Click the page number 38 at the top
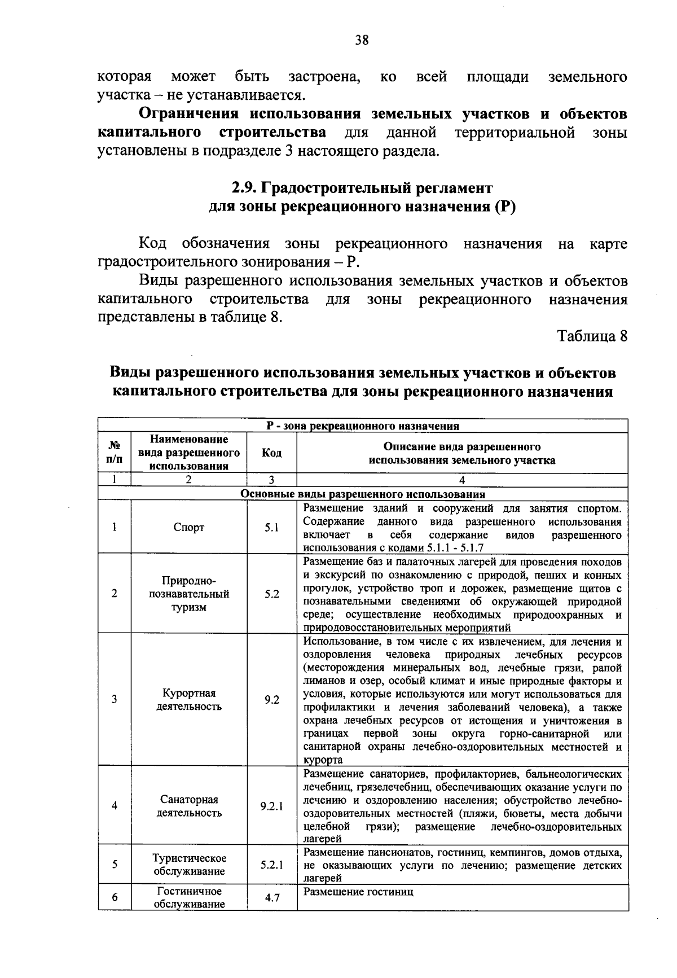[x=362, y=40]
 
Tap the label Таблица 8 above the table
[x=592, y=336]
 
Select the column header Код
[x=271, y=453]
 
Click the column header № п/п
[x=114, y=453]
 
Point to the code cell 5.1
[x=271, y=528]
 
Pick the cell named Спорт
[x=189, y=528]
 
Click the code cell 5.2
[x=271, y=594]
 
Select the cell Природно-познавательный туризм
[x=189, y=594]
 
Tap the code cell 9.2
[x=271, y=700]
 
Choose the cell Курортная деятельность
[x=189, y=700]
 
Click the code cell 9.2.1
[x=271, y=806]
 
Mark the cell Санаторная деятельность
[x=189, y=806]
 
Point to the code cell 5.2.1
[x=271, y=865]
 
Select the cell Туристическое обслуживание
[x=189, y=865]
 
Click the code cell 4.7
[x=271, y=897]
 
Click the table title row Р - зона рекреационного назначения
[x=363, y=426]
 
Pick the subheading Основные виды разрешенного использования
[x=363, y=494]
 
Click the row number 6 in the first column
[x=114, y=897]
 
